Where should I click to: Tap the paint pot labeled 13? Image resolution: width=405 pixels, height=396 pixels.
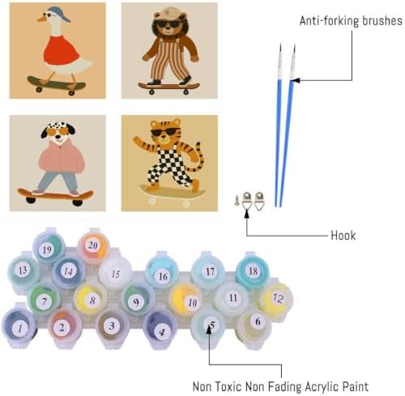click(23, 270)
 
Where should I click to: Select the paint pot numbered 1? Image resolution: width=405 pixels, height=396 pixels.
click(19, 327)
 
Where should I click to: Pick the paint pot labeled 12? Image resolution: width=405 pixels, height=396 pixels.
click(277, 298)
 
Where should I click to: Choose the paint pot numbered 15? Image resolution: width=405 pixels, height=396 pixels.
click(116, 273)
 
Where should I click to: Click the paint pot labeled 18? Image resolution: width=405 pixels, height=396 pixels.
click(253, 270)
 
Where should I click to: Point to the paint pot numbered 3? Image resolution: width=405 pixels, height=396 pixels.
click(112, 326)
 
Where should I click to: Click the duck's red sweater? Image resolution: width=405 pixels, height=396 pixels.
click(62, 50)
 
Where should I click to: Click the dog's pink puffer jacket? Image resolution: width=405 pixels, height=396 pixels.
click(62, 160)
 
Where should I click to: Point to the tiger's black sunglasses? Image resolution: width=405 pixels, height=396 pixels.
click(166, 132)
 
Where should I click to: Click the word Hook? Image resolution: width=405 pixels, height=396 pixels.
click(343, 236)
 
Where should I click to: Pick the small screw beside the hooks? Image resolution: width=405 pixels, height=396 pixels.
click(237, 200)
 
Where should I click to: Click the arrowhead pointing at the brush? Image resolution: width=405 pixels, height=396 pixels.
click(295, 80)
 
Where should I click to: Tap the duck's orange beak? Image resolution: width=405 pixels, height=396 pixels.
click(41, 19)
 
